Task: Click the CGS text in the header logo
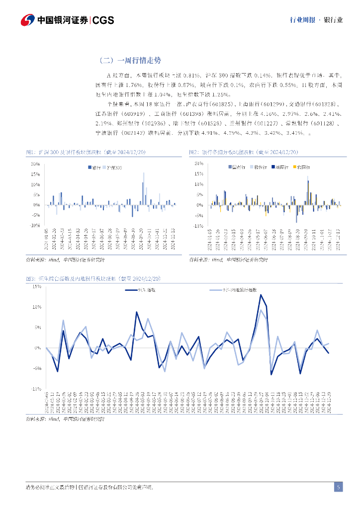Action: tap(103, 20)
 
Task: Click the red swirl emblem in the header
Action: tap(28, 20)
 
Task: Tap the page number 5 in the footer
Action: tap(338, 487)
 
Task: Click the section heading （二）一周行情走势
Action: tap(130, 61)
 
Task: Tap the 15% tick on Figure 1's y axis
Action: tap(35, 174)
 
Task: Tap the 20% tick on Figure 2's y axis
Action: tap(199, 164)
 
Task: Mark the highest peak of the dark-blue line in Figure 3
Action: tap(261, 295)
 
